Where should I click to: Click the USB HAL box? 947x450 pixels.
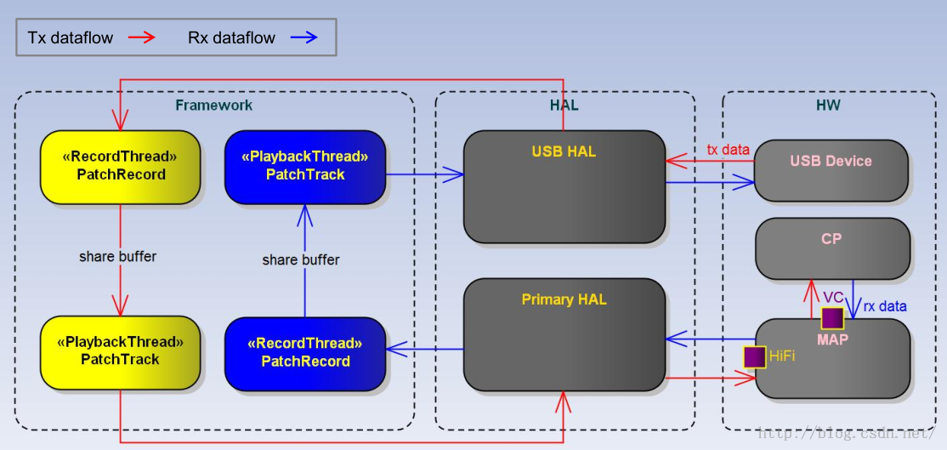(564, 186)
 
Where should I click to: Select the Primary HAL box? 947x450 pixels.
(564, 334)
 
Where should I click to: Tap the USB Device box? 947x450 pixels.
(831, 171)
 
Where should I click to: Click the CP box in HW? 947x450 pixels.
(832, 249)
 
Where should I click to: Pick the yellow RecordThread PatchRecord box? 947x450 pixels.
(120, 168)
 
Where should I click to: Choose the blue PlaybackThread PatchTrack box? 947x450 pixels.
(305, 168)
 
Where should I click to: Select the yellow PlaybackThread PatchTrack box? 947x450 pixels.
(120, 353)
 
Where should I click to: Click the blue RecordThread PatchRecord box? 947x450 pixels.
(305, 353)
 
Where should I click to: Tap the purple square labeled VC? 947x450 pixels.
(831, 318)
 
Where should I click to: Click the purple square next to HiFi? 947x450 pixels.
(754, 357)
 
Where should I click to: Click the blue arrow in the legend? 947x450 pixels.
(303, 37)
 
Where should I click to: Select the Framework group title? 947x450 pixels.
(214, 105)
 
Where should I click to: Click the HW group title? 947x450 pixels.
(827, 105)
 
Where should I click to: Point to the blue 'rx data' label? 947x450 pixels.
(885, 306)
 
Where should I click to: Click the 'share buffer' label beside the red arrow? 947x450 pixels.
(118, 256)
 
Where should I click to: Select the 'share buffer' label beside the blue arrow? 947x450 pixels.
(301, 259)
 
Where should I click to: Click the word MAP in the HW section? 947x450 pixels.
(833, 339)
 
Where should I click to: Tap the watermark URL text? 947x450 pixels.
(848, 434)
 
